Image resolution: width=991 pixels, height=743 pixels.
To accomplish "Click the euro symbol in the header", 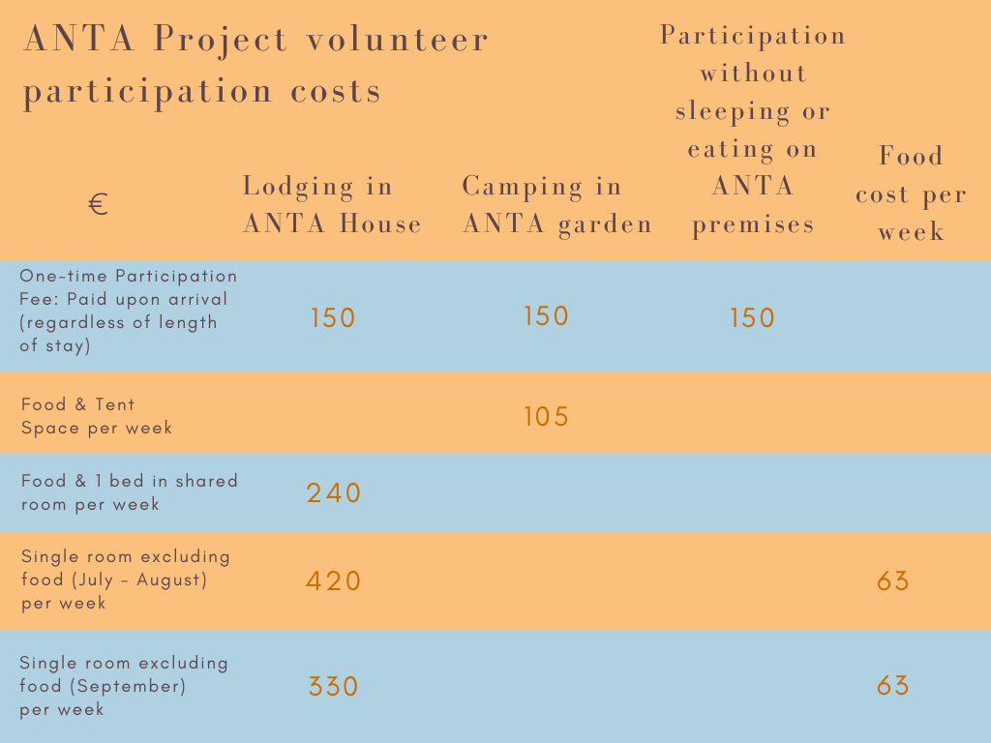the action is pyautogui.click(x=98, y=204).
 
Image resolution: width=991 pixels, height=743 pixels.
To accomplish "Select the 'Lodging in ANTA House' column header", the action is pyautogui.click(x=332, y=205).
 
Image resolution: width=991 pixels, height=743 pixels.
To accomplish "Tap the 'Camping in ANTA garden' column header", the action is pyautogui.click(x=556, y=205).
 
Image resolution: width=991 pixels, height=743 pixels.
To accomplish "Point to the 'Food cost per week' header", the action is pyautogui.click(x=911, y=193).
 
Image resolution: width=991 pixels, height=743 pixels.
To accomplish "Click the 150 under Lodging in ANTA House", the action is pyautogui.click(x=333, y=317).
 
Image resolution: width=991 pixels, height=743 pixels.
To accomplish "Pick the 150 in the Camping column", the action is pyautogui.click(x=546, y=316).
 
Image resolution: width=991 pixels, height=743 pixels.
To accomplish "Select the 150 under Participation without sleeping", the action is pyautogui.click(x=752, y=317).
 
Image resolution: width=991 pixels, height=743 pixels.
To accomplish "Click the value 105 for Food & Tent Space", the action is pyautogui.click(x=546, y=416).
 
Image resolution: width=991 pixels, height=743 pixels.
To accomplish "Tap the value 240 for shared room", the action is pyautogui.click(x=333, y=492).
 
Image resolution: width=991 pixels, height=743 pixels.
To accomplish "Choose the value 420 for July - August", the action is pyautogui.click(x=333, y=580).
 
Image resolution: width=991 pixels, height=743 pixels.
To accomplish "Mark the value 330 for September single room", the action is pyautogui.click(x=333, y=686).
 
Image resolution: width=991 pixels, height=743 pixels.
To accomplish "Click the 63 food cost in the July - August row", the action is pyautogui.click(x=892, y=580).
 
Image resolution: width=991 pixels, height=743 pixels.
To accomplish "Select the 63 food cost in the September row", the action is pyautogui.click(x=892, y=686).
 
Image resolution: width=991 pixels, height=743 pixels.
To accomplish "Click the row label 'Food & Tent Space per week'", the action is pyautogui.click(x=97, y=416).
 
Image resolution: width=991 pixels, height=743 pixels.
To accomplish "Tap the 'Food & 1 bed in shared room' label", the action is pyautogui.click(x=130, y=492).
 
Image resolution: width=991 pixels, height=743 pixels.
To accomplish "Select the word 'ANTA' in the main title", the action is pyautogui.click(x=79, y=38).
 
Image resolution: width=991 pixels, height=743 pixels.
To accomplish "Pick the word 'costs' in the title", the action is pyautogui.click(x=336, y=92).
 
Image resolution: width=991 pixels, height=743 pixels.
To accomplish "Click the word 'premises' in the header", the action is pyautogui.click(x=753, y=225).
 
